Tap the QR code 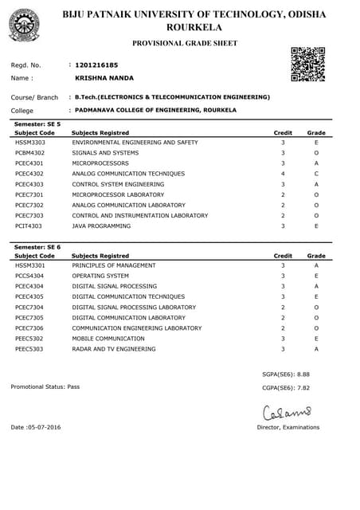pyautogui.click(x=307, y=65)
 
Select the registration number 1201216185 pyautogui.click(x=96, y=64)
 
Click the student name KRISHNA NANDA pyautogui.click(x=104, y=78)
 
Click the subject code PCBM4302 pyautogui.click(x=30, y=152)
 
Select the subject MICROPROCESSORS pyautogui.click(x=100, y=163)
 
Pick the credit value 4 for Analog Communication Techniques pyautogui.click(x=283, y=173)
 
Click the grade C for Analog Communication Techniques pyautogui.click(x=316, y=173)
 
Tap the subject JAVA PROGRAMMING pyautogui.click(x=101, y=226)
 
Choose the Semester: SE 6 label pyautogui.click(x=37, y=247)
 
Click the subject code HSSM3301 pyautogui.click(x=30, y=265)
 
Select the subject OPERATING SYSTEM pyautogui.click(x=100, y=276)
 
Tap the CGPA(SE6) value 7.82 pyautogui.click(x=299, y=388)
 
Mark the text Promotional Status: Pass pyautogui.click(x=45, y=386)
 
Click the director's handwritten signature pyautogui.click(x=288, y=412)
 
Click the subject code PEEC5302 pyautogui.click(x=30, y=339)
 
